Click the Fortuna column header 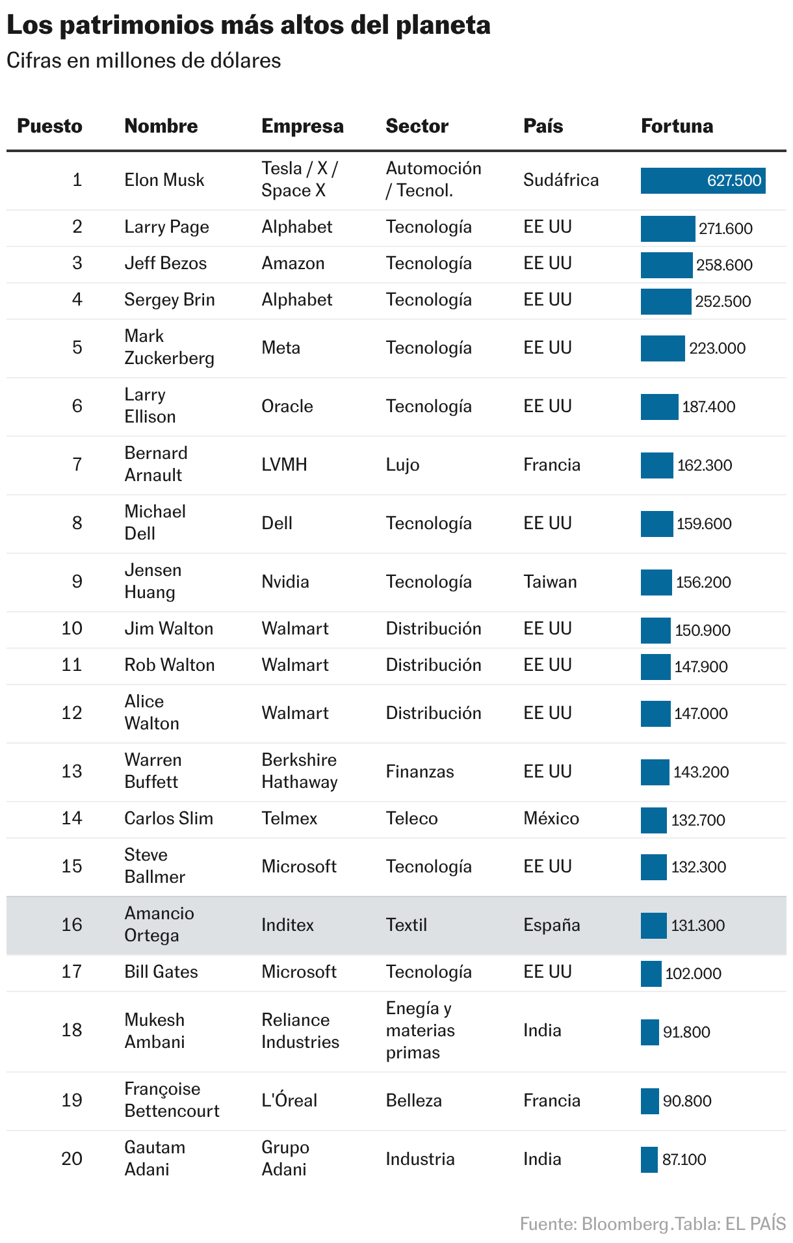point(677,126)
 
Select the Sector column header point(417,126)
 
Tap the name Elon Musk point(164,180)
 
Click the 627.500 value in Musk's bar point(734,181)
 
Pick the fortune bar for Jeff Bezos point(666,265)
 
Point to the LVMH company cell point(284,465)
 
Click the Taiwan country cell point(550,582)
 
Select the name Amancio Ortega point(159,924)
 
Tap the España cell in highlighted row point(551,925)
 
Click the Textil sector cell point(406,925)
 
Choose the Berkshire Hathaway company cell point(299,771)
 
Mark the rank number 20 point(71,1158)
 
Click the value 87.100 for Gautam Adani point(684,1160)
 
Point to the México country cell point(551,818)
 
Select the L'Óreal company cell point(289,1101)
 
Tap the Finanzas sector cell point(419,772)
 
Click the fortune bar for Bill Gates point(651,974)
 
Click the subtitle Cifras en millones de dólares point(144,61)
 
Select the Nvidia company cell point(285,582)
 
